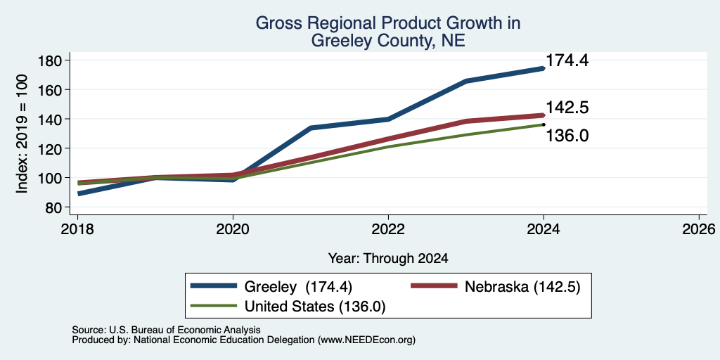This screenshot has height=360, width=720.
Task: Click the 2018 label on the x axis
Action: (x=77, y=229)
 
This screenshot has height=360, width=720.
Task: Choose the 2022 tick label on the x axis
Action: (x=388, y=229)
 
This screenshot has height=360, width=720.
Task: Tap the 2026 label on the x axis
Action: (x=699, y=229)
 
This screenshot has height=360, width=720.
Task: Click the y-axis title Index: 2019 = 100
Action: (x=22, y=134)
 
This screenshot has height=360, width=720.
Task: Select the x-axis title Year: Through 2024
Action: (x=388, y=259)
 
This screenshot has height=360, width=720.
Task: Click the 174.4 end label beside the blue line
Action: (x=567, y=60)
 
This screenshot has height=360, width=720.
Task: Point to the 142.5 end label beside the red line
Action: (x=567, y=108)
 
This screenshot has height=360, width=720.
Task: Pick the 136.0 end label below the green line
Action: (x=567, y=136)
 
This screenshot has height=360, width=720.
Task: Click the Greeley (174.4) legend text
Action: (x=298, y=287)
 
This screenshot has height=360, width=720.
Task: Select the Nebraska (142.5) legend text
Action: (x=522, y=287)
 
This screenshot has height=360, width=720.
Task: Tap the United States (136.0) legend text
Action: (x=315, y=307)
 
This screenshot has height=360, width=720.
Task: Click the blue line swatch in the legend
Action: (x=214, y=286)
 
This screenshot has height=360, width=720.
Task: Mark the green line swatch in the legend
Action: (x=214, y=306)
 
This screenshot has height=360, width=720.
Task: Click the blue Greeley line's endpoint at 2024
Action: (x=544, y=68)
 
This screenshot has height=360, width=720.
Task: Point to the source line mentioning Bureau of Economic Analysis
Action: (x=166, y=330)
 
